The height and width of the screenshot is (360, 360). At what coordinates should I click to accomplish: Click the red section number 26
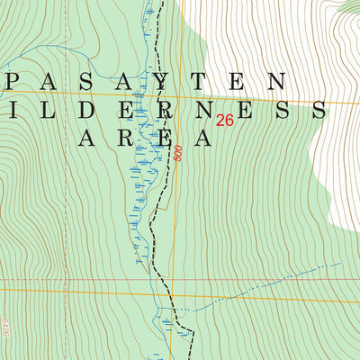pyautogui.click(x=225, y=120)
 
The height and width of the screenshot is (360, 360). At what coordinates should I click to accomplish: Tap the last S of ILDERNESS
pyautogui.click(x=317, y=110)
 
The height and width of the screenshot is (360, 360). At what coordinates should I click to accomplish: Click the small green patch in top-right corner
pyautogui.click(x=346, y=7)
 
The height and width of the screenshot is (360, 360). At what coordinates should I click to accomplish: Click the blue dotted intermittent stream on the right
pyautogui.click(x=270, y=286)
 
